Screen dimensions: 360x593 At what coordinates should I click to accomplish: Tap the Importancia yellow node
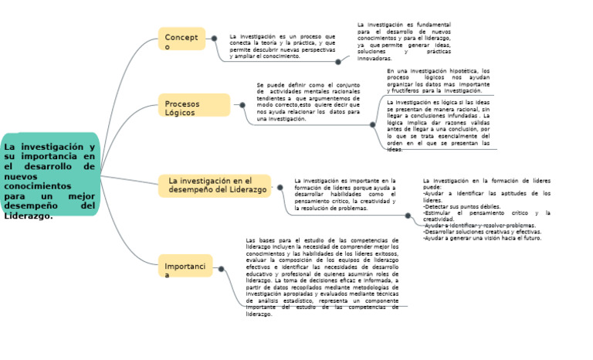point(185,268)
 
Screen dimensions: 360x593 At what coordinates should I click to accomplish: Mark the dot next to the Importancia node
point(222,269)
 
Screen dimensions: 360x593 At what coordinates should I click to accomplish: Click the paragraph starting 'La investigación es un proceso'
point(282,46)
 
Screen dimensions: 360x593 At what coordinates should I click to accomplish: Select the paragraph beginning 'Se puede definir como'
point(308,102)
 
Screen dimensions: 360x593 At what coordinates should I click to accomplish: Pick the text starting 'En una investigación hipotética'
point(438,80)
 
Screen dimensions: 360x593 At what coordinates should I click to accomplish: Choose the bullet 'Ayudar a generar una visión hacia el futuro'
point(482,239)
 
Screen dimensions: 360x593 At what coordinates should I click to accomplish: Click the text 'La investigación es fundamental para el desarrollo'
point(404,41)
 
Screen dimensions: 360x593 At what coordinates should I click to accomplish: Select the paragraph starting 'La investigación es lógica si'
point(438,124)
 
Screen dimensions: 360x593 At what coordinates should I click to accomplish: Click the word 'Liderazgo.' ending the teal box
point(29,216)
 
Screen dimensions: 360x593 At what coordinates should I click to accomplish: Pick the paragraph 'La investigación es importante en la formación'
point(344,195)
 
